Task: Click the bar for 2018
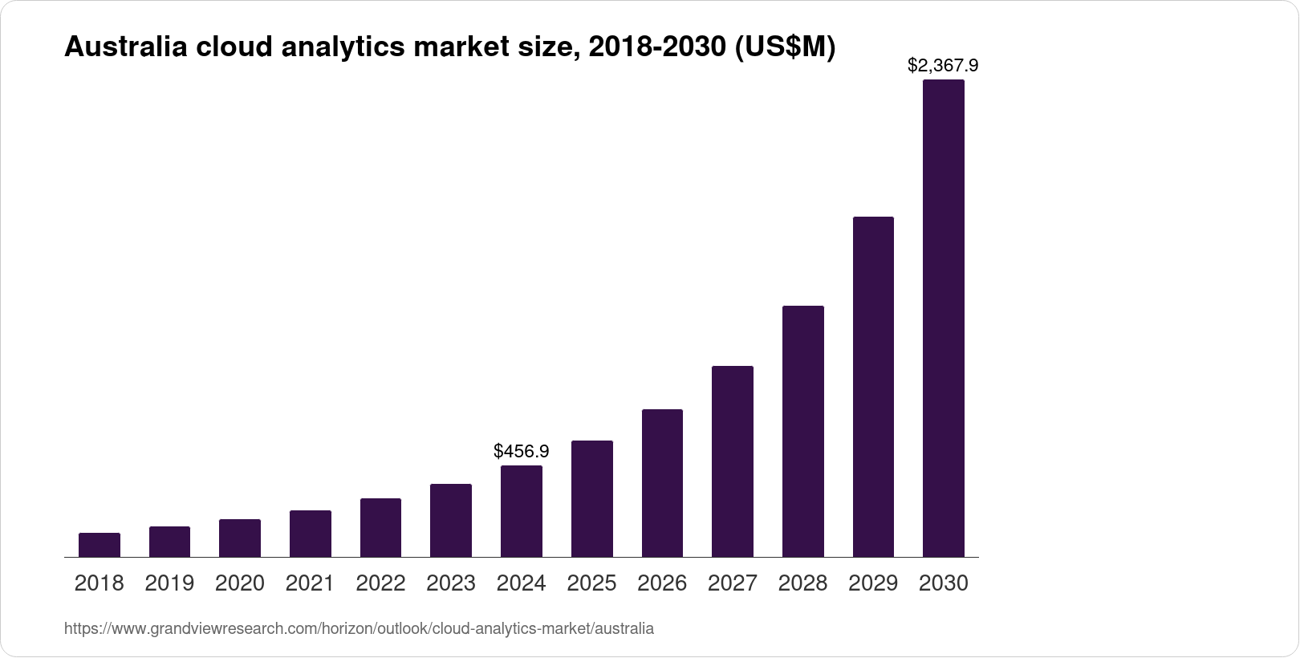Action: (x=100, y=545)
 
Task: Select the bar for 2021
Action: (x=311, y=534)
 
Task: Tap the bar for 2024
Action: (x=522, y=511)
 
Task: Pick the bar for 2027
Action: (x=733, y=461)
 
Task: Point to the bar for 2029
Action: (x=873, y=387)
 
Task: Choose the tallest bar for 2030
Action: (x=944, y=318)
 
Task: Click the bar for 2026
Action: (x=662, y=483)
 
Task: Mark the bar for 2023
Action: (x=451, y=520)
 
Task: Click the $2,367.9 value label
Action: (x=943, y=65)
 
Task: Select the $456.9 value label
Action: (x=522, y=451)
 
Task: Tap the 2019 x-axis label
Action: (x=169, y=583)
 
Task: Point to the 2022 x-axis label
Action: (x=380, y=583)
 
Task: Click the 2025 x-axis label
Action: (x=591, y=583)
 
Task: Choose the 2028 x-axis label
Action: (x=802, y=583)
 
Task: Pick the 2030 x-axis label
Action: (x=944, y=583)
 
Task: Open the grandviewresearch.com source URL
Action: (x=359, y=629)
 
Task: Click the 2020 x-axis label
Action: (x=240, y=583)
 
